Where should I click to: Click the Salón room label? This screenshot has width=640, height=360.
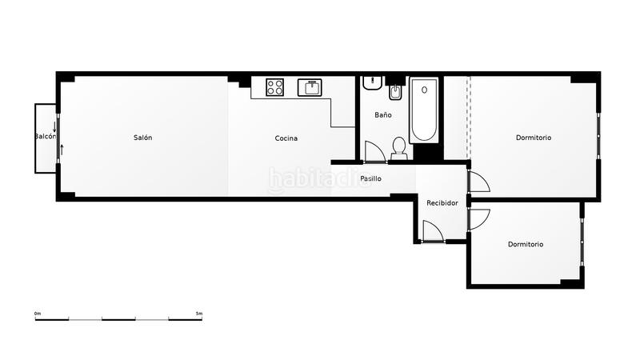(142, 138)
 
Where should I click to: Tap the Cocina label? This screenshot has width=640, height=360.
(286, 138)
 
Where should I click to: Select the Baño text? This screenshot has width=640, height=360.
(383, 115)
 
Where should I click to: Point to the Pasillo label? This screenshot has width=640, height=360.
(370, 178)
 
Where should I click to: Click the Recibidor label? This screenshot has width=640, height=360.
(442, 203)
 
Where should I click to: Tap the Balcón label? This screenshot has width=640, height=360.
(45, 137)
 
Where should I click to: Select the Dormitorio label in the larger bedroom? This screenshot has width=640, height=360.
(533, 138)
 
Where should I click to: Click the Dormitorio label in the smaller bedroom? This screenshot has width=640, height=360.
(525, 244)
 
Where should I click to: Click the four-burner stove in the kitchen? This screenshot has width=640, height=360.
(276, 86)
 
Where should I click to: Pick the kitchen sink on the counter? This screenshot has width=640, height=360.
(309, 87)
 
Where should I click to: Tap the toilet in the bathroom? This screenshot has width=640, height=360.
(398, 148)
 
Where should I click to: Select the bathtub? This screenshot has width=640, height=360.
(423, 110)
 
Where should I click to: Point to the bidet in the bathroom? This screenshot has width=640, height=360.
(394, 93)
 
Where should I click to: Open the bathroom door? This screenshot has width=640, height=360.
(374, 152)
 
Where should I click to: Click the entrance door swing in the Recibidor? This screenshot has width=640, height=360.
(432, 231)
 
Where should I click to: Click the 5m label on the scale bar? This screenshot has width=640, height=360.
(198, 313)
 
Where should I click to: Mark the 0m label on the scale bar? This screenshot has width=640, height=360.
(38, 313)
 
